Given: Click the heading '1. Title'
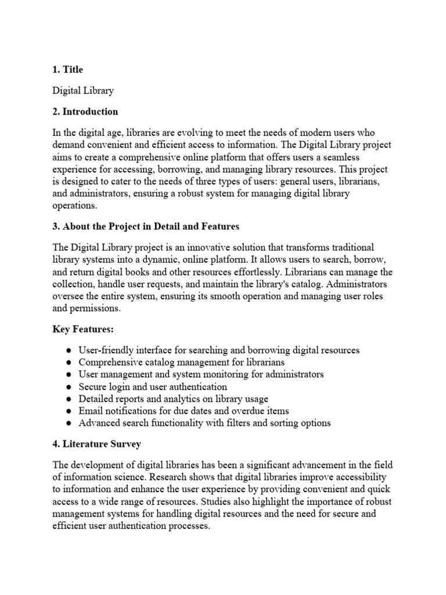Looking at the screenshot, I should [x=67, y=70].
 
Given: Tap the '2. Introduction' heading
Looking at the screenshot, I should [x=85, y=112].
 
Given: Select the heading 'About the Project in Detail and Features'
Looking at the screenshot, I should [x=146, y=226].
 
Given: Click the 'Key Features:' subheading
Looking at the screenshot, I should [x=83, y=329].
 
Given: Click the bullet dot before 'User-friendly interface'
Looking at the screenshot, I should [x=69, y=350].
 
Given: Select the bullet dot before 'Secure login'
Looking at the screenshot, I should [x=69, y=387].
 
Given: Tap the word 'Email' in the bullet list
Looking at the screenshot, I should [x=91, y=411].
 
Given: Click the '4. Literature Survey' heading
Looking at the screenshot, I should [x=96, y=444].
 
